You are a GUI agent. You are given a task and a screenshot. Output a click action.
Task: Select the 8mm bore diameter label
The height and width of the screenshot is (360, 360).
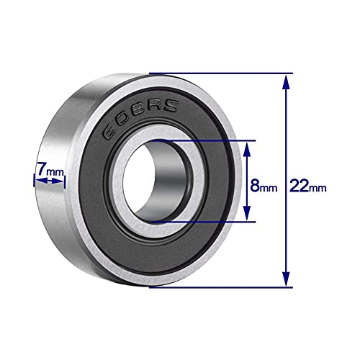coord(263,187)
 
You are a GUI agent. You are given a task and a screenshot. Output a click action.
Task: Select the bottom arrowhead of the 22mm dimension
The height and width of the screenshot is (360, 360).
coord(287,282)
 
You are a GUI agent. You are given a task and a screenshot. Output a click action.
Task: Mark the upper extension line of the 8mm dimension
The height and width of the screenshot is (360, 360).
coord(209,141)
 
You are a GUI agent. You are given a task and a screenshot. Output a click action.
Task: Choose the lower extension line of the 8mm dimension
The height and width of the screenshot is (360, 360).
coord(209,222)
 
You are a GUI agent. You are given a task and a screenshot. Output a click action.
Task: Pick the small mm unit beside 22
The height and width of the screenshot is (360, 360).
coord(318,189)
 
